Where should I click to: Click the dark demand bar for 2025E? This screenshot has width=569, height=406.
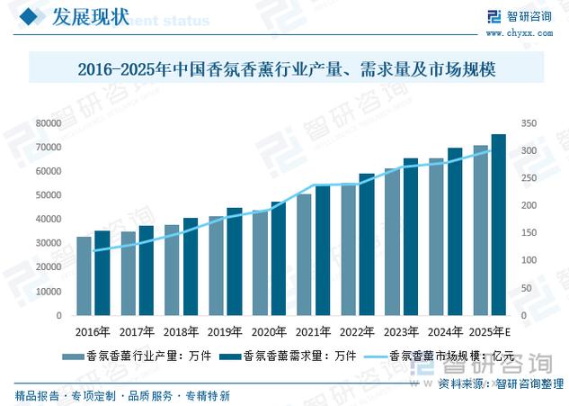498,225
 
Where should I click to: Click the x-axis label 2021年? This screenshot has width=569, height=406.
314,331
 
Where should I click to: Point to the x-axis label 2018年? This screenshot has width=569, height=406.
182,331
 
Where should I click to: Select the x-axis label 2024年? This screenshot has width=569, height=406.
446,331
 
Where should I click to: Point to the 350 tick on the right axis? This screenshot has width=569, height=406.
529,122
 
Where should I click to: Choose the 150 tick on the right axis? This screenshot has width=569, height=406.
529,233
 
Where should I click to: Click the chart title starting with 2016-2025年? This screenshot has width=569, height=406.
287,68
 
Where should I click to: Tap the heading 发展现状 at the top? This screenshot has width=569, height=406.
88,18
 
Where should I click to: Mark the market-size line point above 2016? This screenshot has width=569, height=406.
93,251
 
